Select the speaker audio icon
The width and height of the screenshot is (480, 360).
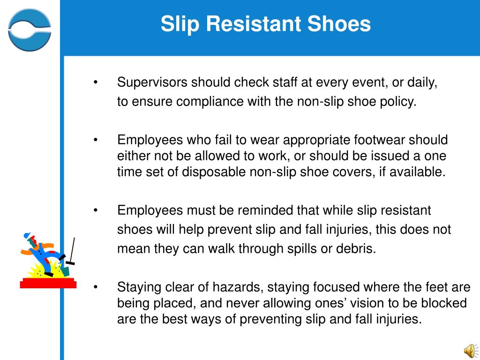[469, 349]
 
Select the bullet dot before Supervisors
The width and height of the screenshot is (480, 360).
[96, 83]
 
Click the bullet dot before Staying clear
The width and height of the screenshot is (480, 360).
[96, 287]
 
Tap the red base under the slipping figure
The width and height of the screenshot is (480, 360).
[48, 283]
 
